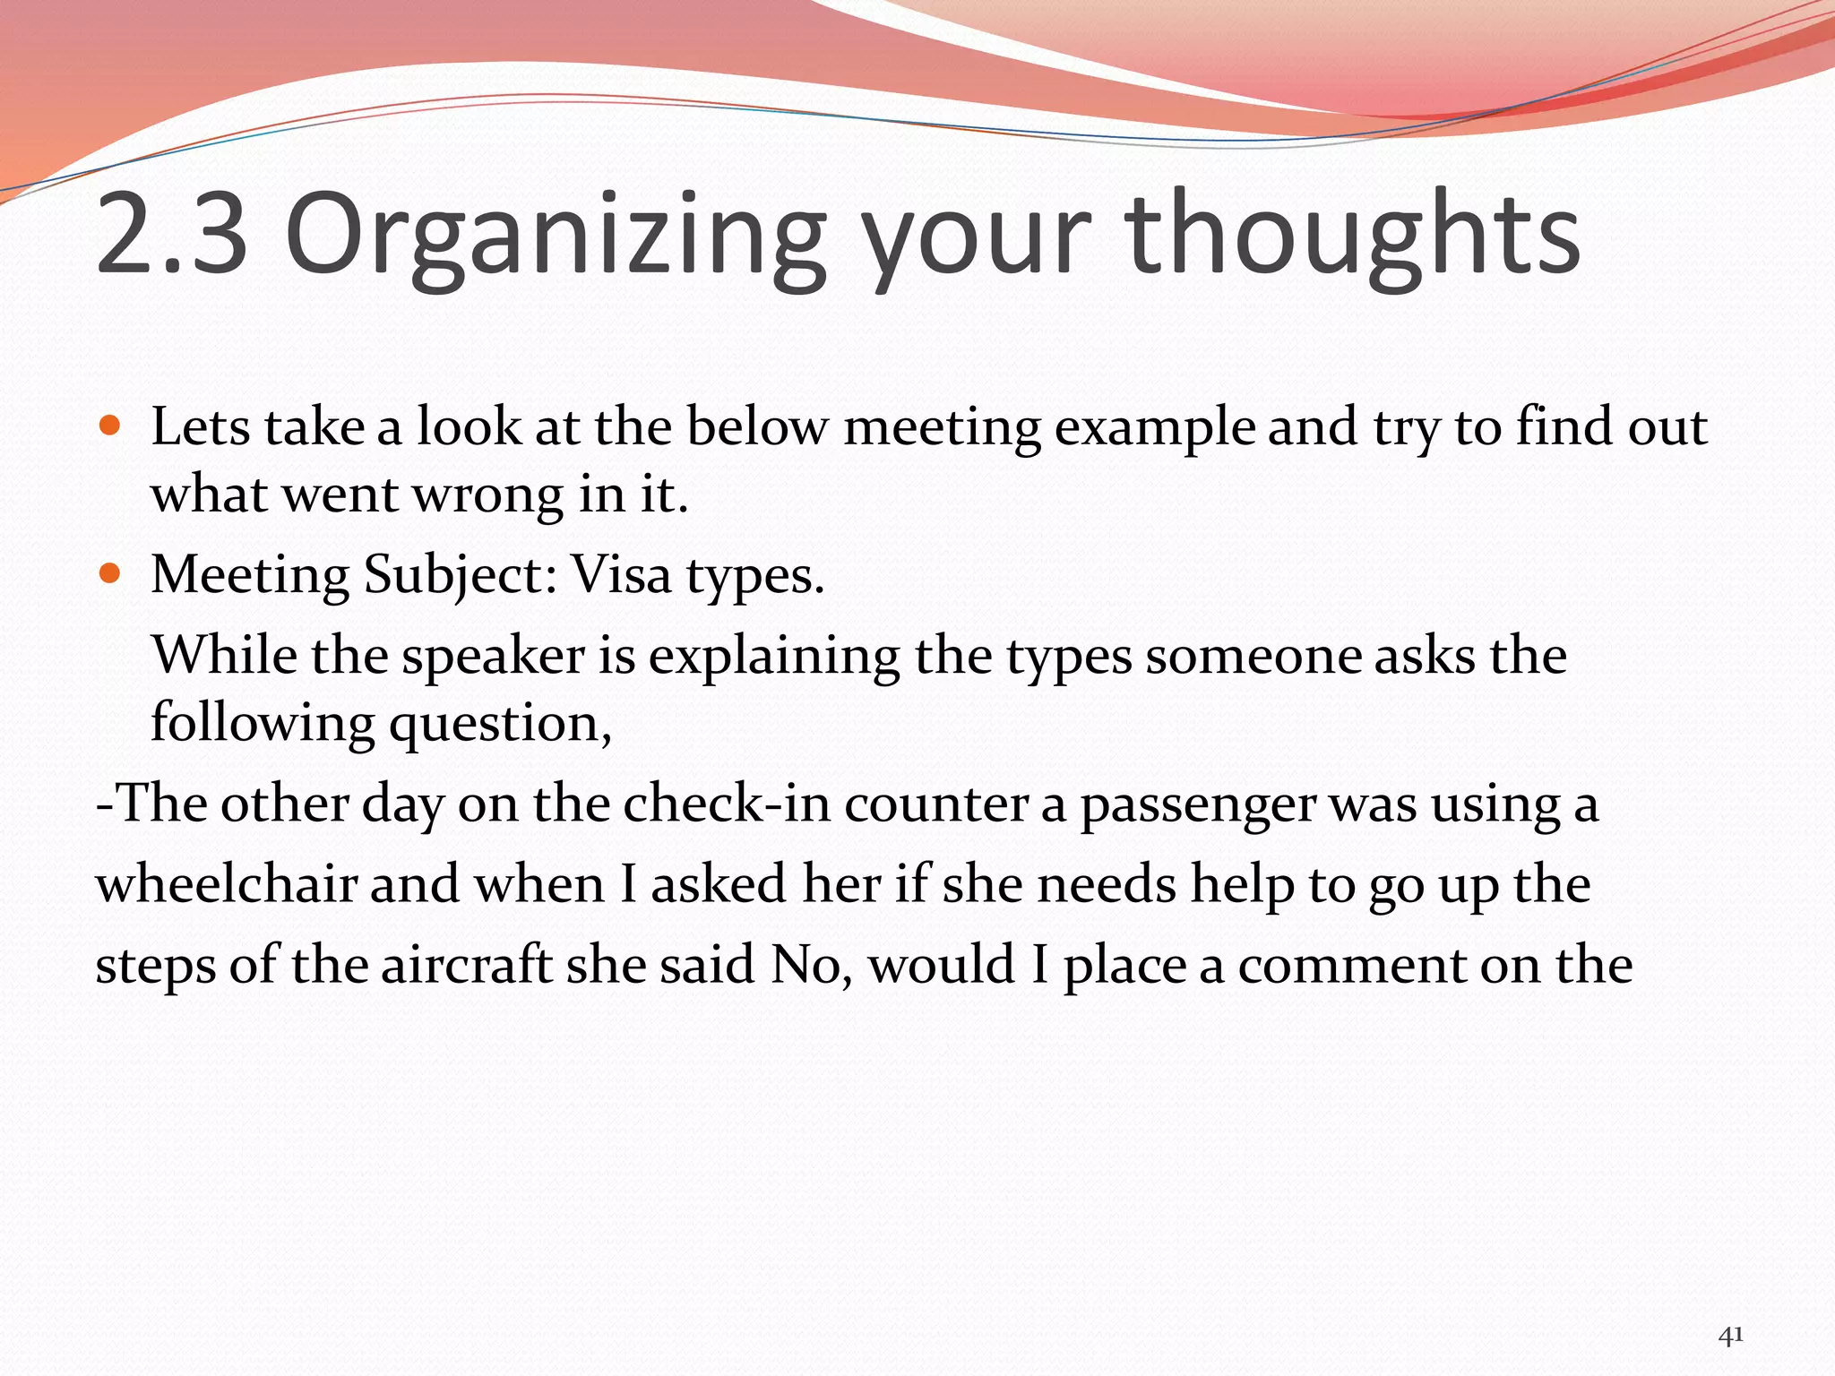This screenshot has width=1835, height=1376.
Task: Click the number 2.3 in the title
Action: tap(170, 235)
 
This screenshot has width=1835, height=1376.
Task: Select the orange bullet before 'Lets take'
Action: tap(109, 425)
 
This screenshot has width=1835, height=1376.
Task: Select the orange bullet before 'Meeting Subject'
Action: tap(109, 572)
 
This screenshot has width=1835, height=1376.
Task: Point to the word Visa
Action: tap(621, 574)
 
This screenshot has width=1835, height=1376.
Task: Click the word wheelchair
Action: tap(227, 884)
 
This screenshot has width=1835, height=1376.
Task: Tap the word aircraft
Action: tap(466, 965)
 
